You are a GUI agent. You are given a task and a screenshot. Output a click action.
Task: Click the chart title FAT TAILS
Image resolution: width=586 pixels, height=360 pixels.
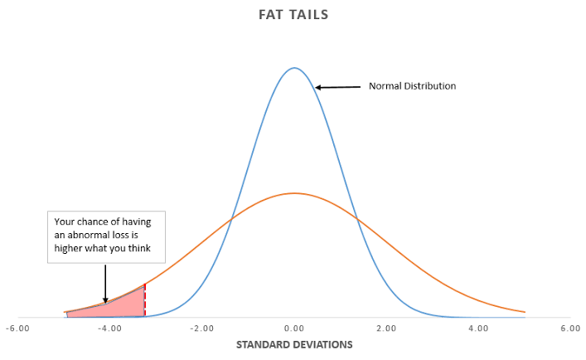pos(293,14)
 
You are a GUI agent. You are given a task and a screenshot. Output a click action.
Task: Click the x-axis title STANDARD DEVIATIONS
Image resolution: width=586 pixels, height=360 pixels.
pos(293,343)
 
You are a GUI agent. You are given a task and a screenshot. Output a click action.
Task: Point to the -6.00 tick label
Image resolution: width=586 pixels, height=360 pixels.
pos(17,328)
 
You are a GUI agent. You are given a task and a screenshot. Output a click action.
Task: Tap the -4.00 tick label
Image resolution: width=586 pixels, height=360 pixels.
pos(109,328)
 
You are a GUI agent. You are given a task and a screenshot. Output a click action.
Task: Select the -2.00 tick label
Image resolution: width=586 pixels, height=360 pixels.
pos(201,328)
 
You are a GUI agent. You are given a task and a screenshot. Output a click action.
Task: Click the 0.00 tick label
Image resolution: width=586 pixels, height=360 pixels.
pos(295,328)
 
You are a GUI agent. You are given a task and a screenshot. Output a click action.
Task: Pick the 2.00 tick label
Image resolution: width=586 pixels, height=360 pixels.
pos(386,328)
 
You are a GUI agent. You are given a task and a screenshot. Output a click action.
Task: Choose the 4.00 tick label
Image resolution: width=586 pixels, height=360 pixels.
pos(478,328)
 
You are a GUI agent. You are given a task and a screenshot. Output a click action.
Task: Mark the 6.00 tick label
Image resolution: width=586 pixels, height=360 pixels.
pos(570,328)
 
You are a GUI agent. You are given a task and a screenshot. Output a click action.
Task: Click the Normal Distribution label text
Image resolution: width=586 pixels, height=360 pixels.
pos(412,86)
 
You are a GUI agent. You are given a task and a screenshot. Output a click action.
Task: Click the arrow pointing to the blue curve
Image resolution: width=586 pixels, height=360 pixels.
pos(337,86)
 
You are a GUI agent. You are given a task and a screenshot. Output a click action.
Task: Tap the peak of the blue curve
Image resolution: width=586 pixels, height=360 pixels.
pos(294,68)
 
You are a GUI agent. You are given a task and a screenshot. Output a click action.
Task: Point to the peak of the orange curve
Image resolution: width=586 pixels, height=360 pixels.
pos(294,193)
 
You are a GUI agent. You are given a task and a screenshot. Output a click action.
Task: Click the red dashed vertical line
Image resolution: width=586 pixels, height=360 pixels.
pos(145,300)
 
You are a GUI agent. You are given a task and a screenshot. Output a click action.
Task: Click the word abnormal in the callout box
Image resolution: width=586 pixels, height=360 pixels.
pos(86,235)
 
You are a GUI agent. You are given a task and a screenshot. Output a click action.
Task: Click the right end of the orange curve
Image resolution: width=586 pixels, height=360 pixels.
pos(525,312)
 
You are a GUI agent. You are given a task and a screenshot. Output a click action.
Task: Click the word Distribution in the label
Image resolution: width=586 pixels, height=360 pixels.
pos(431,86)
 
